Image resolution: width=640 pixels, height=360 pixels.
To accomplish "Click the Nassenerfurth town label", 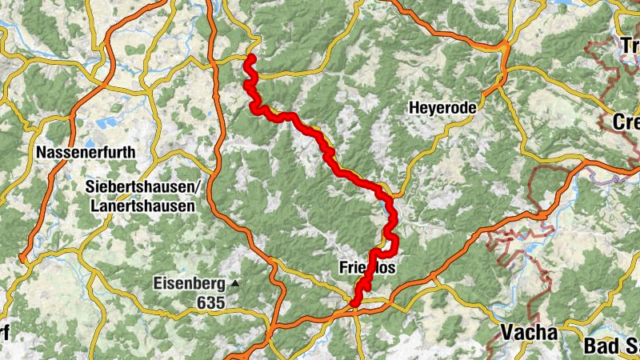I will [86, 151].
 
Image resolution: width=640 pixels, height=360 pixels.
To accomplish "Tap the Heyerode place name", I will [442, 107].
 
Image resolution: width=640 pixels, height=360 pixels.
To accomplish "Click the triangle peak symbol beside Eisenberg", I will [235, 283].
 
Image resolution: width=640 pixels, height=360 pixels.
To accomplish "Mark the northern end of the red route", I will [250, 58].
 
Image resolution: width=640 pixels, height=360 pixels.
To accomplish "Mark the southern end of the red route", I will [354, 302].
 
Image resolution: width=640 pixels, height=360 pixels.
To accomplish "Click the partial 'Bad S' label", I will [612, 346].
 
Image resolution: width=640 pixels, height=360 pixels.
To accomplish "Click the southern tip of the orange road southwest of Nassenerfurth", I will [24, 257].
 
